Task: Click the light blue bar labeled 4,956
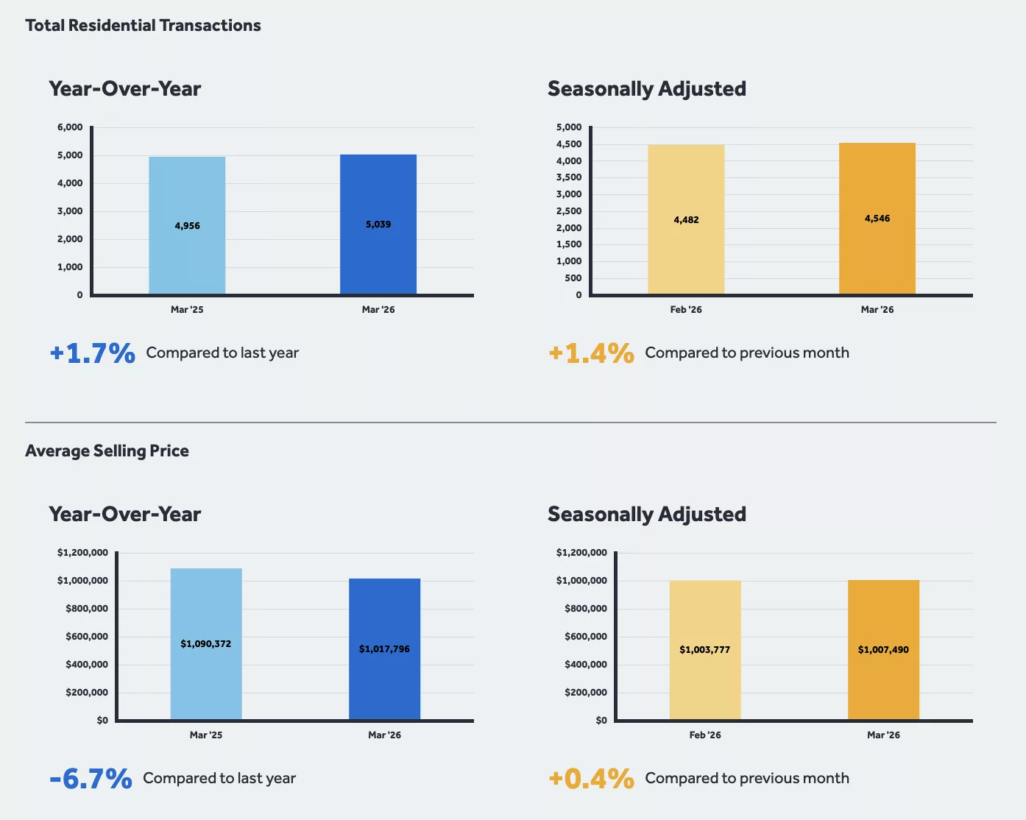click(x=187, y=225)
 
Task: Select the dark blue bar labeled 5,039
click(x=378, y=224)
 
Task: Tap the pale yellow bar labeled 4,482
click(x=686, y=219)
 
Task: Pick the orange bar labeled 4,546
click(x=877, y=219)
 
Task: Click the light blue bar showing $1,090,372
click(x=206, y=643)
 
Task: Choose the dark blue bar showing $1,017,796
click(x=384, y=648)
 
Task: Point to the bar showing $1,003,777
click(x=705, y=649)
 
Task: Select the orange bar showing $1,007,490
click(x=883, y=649)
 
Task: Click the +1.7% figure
click(x=93, y=353)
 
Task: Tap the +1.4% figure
click(x=592, y=353)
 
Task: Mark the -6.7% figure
click(x=91, y=779)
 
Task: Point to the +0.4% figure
click(x=592, y=779)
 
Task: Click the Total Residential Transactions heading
click(x=143, y=26)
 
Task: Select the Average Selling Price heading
click(x=107, y=451)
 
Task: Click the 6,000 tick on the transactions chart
click(x=70, y=127)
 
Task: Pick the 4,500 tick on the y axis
click(x=569, y=144)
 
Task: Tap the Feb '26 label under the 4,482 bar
click(x=686, y=310)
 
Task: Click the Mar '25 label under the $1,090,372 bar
click(x=206, y=735)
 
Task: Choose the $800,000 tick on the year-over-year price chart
click(x=87, y=609)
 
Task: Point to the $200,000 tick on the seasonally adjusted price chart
click(x=586, y=693)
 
